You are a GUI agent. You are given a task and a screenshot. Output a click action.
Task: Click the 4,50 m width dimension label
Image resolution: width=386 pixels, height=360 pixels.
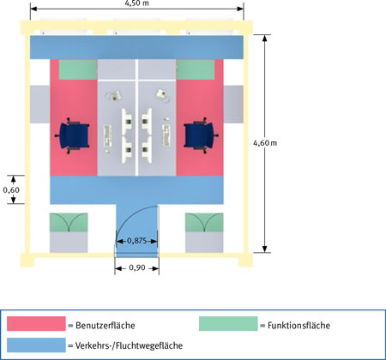[x=137, y=3]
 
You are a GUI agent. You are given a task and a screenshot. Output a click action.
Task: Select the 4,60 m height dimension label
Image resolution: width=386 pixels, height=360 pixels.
[x=265, y=143]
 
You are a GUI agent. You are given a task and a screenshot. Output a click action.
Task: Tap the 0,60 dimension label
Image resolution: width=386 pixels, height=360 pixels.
[x=11, y=189]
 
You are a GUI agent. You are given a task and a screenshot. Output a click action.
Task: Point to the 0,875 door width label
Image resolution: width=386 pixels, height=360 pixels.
[x=137, y=241]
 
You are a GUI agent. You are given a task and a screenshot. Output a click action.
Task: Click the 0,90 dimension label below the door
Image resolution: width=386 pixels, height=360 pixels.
[x=137, y=267]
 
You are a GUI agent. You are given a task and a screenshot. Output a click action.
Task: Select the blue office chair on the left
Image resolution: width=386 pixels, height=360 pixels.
[x=72, y=135]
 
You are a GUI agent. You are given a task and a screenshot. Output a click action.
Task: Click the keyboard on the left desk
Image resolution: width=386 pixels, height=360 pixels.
[x=107, y=136]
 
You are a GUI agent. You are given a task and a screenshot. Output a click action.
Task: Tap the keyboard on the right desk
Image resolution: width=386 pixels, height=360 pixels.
[x=166, y=135]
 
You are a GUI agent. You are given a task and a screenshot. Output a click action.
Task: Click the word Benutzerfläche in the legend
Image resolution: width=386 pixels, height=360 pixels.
[x=106, y=326]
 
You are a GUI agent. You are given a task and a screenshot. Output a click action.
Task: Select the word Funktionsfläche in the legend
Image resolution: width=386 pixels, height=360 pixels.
[x=299, y=326]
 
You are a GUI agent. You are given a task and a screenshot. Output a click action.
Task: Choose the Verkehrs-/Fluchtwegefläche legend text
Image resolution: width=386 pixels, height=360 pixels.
[x=129, y=345]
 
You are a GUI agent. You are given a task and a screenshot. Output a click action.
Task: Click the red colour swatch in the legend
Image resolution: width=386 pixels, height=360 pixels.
[x=36, y=324]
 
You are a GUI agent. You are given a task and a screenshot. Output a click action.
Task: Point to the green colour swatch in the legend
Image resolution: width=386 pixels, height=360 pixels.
[x=228, y=324]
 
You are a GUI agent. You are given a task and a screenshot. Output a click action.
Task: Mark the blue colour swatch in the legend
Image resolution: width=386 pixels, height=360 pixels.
[x=36, y=345]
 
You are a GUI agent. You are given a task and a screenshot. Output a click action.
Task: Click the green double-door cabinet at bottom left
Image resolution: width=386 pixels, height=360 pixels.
[x=69, y=222]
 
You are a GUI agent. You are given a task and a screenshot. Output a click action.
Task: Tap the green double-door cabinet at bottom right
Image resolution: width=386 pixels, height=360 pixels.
[x=204, y=222]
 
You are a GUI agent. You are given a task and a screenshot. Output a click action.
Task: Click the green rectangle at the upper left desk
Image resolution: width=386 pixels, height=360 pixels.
[x=77, y=69]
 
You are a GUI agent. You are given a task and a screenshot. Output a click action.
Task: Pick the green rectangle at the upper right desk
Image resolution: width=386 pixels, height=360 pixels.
[x=196, y=69]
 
